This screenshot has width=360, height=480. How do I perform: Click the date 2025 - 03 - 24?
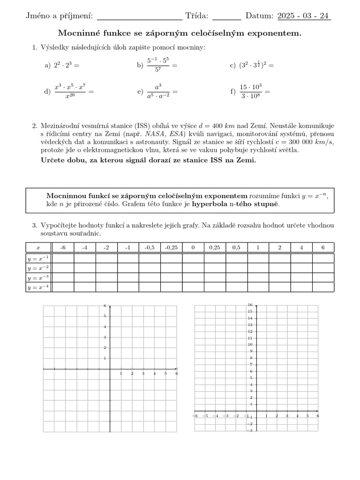(x=304, y=16)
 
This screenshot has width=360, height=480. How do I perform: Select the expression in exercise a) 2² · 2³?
(x=62, y=66)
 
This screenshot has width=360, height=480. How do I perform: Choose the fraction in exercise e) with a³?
(x=158, y=91)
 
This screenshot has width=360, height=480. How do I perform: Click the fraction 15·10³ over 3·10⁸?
(x=251, y=91)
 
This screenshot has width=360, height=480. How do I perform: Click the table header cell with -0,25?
(x=171, y=247)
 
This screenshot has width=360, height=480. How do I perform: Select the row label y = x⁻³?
(x=38, y=278)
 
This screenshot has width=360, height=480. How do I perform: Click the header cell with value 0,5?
(x=236, y=247)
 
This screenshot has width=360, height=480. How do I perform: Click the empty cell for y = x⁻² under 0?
(x=193, y=268)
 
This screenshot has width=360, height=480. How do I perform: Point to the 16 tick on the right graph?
(x=251, y=305)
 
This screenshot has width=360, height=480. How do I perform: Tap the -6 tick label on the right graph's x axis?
(x=195, y=416)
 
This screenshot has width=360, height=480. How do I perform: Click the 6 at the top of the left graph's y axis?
(x=105, y=306)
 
